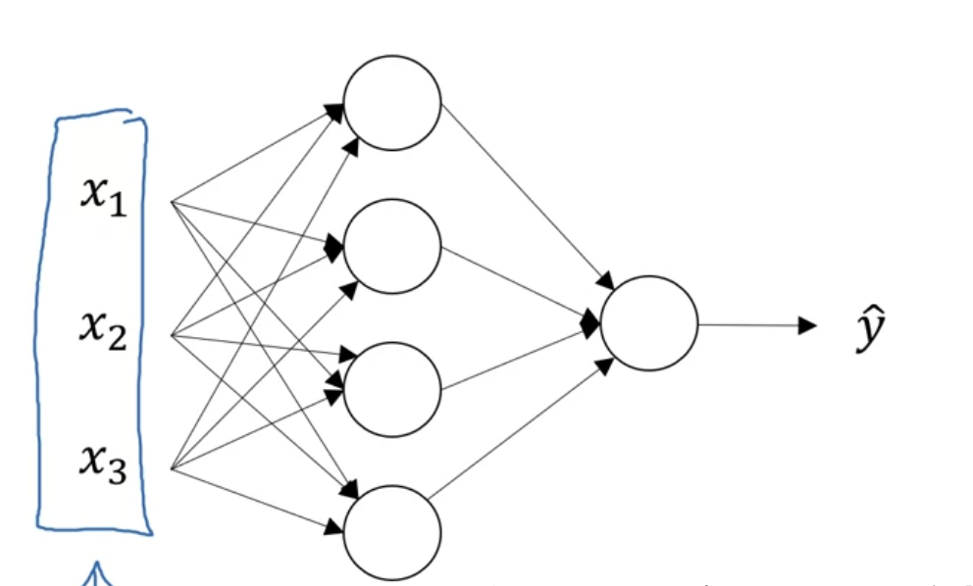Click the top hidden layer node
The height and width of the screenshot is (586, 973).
click(391, 103)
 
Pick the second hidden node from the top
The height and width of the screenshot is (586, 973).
click(391, 246)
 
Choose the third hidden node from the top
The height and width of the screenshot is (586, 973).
click(391, 389)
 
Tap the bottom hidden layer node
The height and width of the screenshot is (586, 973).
click(391, 533)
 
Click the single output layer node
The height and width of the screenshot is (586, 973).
click(648, 323)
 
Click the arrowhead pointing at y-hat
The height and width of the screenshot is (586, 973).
click(808, 324)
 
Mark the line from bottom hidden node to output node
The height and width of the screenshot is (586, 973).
click(520, 430)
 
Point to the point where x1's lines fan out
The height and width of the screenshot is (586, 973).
click(172, 203)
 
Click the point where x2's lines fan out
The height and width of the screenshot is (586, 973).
click(172, 335)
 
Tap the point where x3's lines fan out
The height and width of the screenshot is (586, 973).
click(172, 468)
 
